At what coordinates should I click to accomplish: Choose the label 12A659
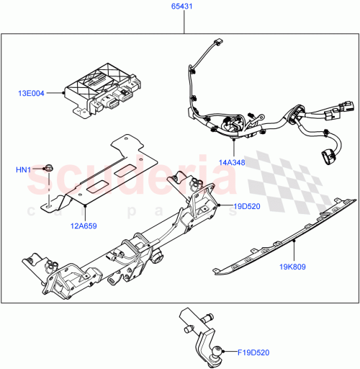pyautogui.click(x=84, y=224)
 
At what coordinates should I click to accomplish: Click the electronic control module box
pyautogui.click(x=101, y=90)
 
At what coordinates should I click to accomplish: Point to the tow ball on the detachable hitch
pyautogui.click(x=216, y=352)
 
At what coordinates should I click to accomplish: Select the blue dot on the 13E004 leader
pyautogui.click(x=65, y=93)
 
